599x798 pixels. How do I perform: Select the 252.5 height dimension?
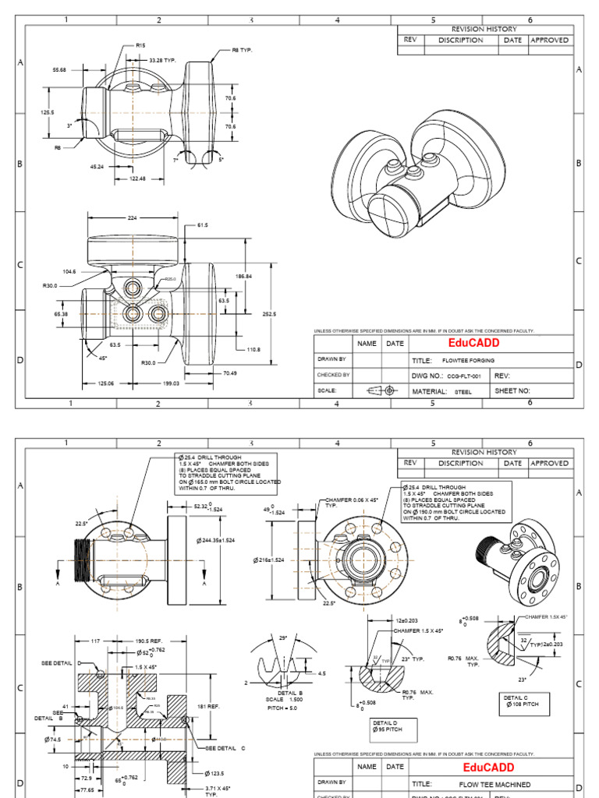pyautogui.click(x=269, y=313)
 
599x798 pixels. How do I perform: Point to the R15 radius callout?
pyautogui.click(x=140, y=46)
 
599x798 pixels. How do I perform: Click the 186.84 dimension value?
pyautogui.click(x=244, y=277)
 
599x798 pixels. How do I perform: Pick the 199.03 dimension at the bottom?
pyautogui.click(x=171, y=383)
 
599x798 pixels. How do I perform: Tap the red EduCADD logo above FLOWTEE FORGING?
pyautogui.click(x=473, y=343)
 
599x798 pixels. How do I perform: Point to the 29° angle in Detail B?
pyautogui.click(x=282, y=638)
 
